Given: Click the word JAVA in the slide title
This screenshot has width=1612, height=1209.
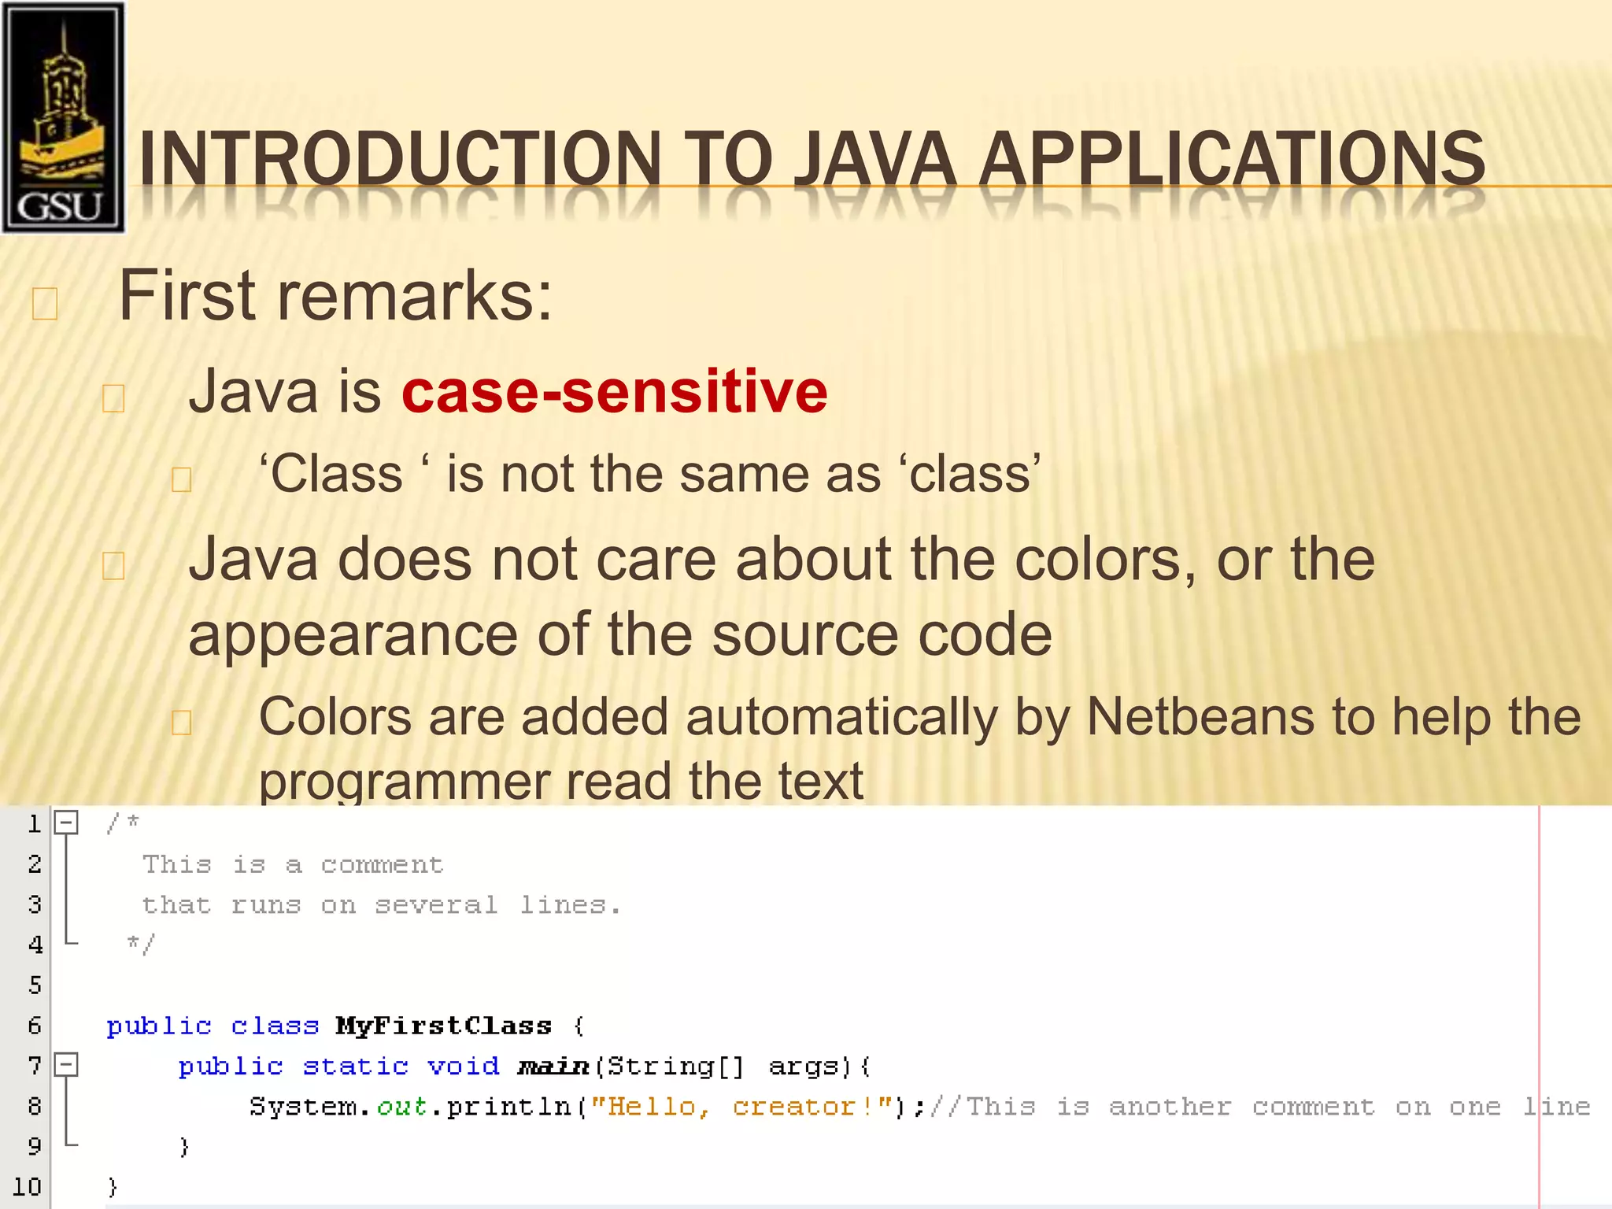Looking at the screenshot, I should [x=874, y=160].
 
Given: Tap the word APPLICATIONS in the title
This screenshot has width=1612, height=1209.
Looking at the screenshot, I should [x=1232, y=160].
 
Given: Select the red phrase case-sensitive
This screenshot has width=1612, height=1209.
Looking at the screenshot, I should [x=614, y=391].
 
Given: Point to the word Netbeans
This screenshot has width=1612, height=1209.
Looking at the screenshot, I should [x=1200, y=717].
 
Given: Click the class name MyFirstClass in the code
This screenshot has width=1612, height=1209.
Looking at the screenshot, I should [x=443, y=1026].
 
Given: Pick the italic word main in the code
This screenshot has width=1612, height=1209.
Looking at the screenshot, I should [x=553, y=1067].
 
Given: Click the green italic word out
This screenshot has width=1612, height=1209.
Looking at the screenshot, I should [x=401, y=1107].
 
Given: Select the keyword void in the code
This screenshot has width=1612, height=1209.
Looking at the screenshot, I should [x=463, y=1067].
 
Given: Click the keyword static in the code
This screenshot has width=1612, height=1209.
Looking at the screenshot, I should [x=355, y=1067].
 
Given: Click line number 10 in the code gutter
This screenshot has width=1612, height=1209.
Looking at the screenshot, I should [x=27, y=1187].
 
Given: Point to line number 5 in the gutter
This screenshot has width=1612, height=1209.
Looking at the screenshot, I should [x=35, y=985].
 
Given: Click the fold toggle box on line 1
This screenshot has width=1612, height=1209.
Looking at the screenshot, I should [x=66, y=823].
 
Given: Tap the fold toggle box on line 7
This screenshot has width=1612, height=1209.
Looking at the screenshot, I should [x=66, y=1066].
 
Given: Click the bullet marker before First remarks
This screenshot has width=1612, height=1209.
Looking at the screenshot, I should [x=45, y=304].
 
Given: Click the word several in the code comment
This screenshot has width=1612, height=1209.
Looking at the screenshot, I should [x=436, y=905].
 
